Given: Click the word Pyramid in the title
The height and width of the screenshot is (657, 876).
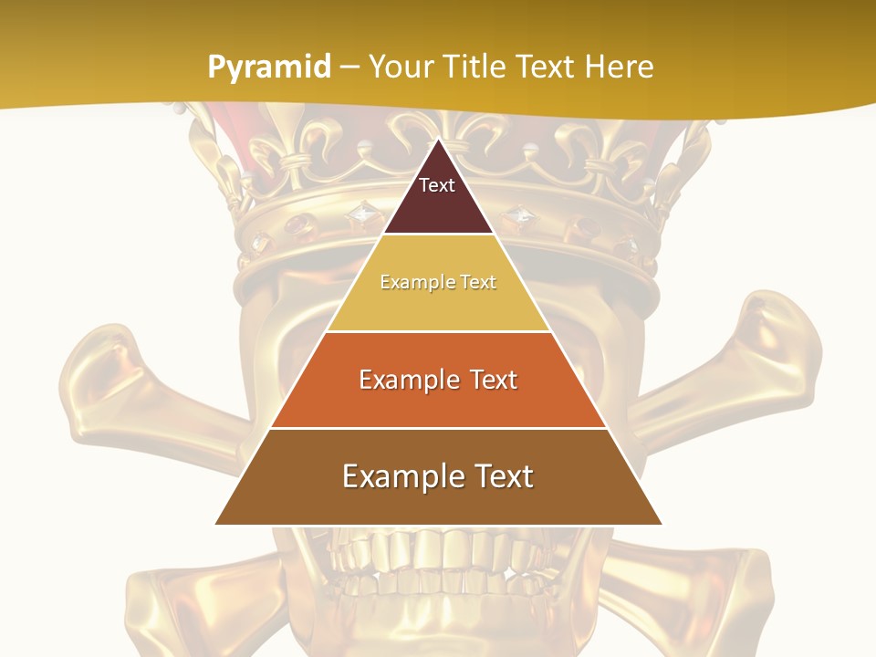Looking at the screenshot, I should (269, 68).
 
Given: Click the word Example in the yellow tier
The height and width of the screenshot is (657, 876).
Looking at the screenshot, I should (410, 283).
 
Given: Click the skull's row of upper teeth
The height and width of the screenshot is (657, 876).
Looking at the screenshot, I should (438, 552).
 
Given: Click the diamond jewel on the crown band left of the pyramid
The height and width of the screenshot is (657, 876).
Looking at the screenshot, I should (362, 215).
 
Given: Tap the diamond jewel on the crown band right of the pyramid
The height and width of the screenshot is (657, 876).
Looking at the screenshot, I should (520, 215).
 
